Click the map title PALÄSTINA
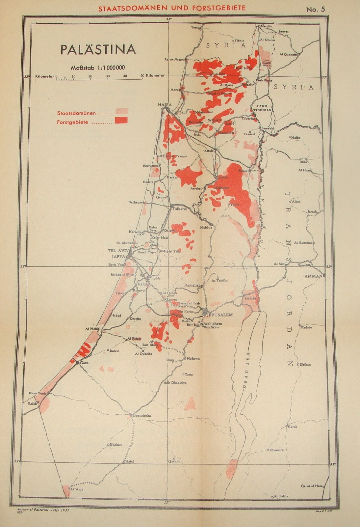click(98, 49)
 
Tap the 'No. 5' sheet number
click(315, 9)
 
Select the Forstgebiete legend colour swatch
click(121, 121)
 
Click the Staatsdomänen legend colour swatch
click(121, 111)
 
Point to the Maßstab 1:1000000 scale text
click(97, 68)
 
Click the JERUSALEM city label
click(219, 315)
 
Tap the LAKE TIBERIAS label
click(262, 108)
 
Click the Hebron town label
click(193, 359)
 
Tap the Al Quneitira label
click(288, 54)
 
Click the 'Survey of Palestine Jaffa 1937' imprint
click(44, 509)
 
